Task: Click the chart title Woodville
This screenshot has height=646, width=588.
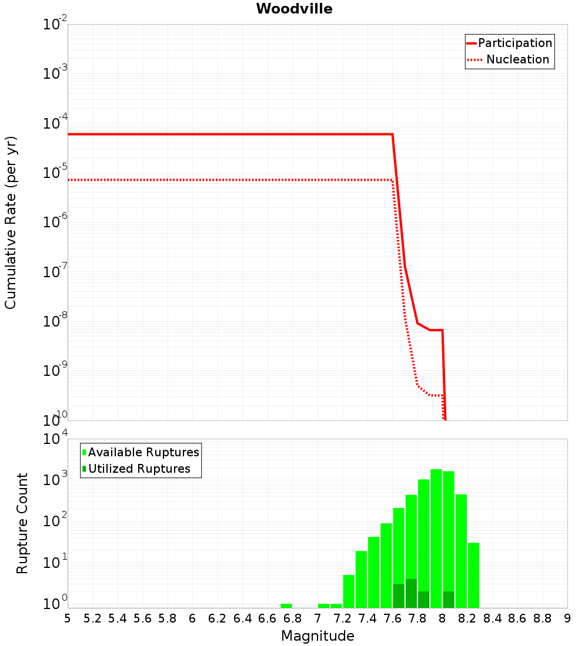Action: tap(294, 9)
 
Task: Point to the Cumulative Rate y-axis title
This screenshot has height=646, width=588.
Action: tap(11, 223)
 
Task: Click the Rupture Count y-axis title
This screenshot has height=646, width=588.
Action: tap(22, 523)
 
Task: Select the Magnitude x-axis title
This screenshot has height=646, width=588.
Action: tap(318, 636)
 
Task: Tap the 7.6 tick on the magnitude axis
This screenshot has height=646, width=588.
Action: tap(392, 618)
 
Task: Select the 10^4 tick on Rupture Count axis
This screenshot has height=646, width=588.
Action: tap(55, 439)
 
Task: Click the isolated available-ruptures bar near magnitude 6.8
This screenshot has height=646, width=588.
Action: tap(286, 605)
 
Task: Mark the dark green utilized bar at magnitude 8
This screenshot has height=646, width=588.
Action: tap(449, 600)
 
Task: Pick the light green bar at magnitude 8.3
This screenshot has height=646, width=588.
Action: tap(473, 576)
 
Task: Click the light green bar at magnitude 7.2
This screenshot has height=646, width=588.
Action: tap(349, 591)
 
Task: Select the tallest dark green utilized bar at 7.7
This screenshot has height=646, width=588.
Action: tap(411, 593)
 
